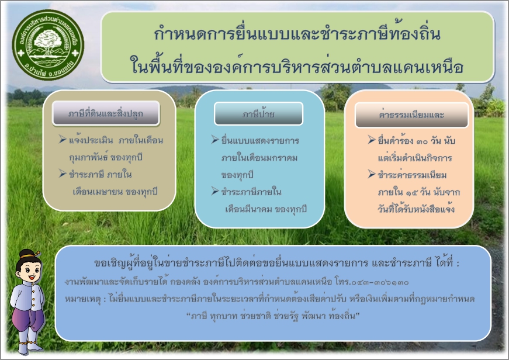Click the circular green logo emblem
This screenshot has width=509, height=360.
48,45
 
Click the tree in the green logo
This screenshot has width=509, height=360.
49,42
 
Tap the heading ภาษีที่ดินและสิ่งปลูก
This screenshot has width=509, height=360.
106,113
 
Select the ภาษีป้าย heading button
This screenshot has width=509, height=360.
258,114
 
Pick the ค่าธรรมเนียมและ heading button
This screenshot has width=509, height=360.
411,115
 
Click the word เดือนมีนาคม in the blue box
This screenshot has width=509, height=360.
248,209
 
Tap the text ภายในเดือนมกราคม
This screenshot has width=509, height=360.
259,158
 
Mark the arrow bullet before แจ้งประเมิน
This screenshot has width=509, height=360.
63,139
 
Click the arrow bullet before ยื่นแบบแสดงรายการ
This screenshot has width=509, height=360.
215,140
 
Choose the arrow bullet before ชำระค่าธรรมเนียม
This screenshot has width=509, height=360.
372,174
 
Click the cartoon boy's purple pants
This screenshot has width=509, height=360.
27,318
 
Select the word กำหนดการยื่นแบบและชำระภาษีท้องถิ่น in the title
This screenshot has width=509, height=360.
297,33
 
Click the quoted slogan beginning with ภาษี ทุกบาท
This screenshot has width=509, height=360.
273,316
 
